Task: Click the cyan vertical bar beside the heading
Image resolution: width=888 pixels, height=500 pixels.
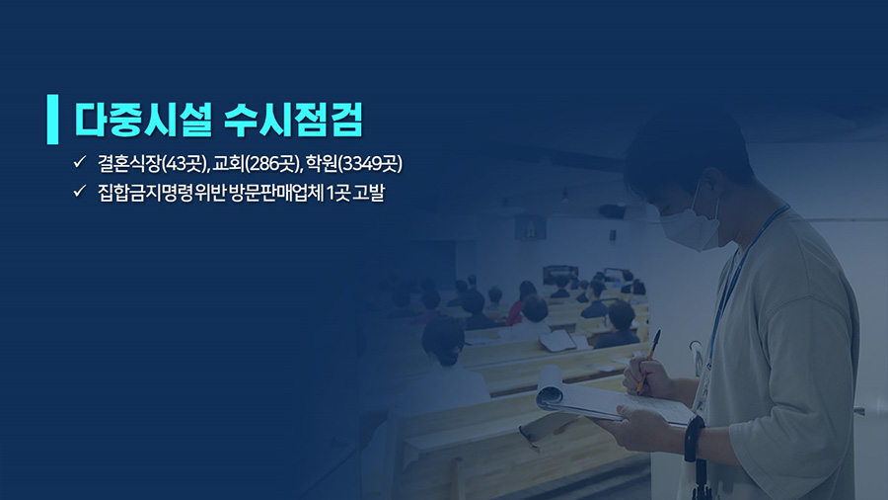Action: (x=52, y=119)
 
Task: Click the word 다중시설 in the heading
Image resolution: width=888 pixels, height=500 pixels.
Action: (x=143, y=120)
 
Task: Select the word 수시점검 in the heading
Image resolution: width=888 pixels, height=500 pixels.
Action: (x=293, y=120)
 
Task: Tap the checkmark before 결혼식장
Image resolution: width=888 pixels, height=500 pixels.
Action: (x=79, y=162)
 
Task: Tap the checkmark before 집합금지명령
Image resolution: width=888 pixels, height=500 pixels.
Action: (x=79, y=191)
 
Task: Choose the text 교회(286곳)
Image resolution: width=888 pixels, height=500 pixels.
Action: (x=256, y=164)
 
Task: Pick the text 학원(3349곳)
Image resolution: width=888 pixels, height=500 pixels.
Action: (x=354, y=164)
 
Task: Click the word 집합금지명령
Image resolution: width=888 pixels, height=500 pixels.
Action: (x=144, y=193)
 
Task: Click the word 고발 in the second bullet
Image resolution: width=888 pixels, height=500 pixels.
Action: (x=368, y=193)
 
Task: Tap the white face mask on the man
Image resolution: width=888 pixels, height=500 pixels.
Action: (x=690, y=226)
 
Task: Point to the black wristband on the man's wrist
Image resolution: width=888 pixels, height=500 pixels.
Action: (x=694, y=439)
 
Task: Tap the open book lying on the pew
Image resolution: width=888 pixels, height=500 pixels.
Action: (x=558, y=340)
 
